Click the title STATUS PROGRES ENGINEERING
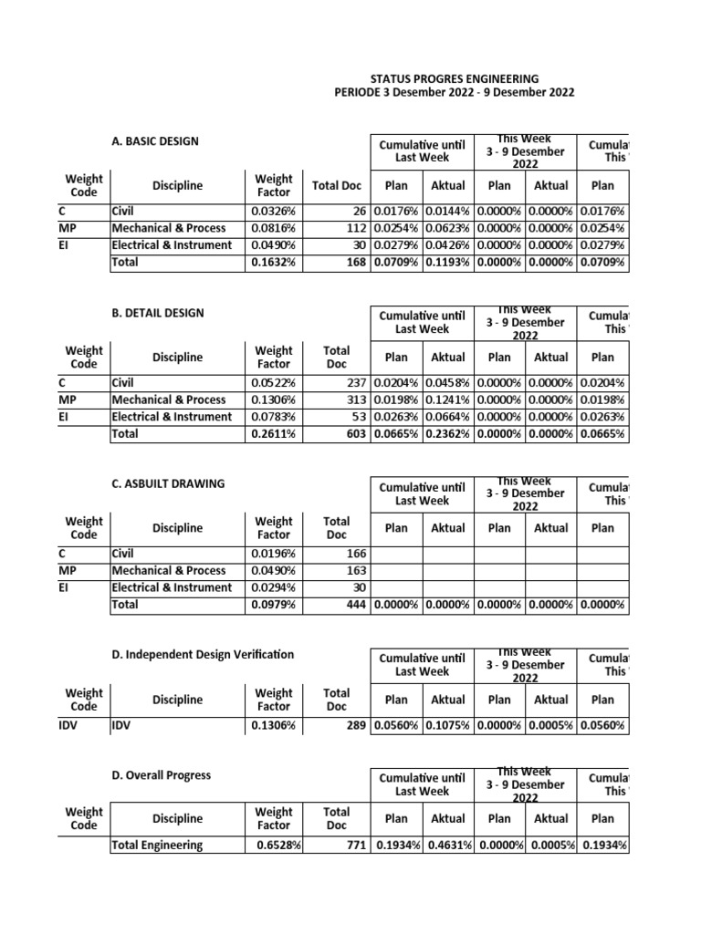454,78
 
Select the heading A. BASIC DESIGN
153,141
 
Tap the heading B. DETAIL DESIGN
156,313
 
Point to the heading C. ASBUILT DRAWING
167,483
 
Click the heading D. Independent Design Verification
202,654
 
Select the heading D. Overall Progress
160,774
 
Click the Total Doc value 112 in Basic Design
354,228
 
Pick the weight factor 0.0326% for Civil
273,212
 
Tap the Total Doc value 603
354,434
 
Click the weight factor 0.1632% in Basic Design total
273,263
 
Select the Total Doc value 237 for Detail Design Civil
354,383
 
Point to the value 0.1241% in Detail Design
447,400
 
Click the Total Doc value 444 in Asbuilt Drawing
354,605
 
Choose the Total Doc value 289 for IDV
354,725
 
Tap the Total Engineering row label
156,845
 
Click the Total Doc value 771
354,845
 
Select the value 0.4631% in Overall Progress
447,845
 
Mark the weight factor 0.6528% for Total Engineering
278,845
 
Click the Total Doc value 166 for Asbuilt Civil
354,554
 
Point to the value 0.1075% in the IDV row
447,725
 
